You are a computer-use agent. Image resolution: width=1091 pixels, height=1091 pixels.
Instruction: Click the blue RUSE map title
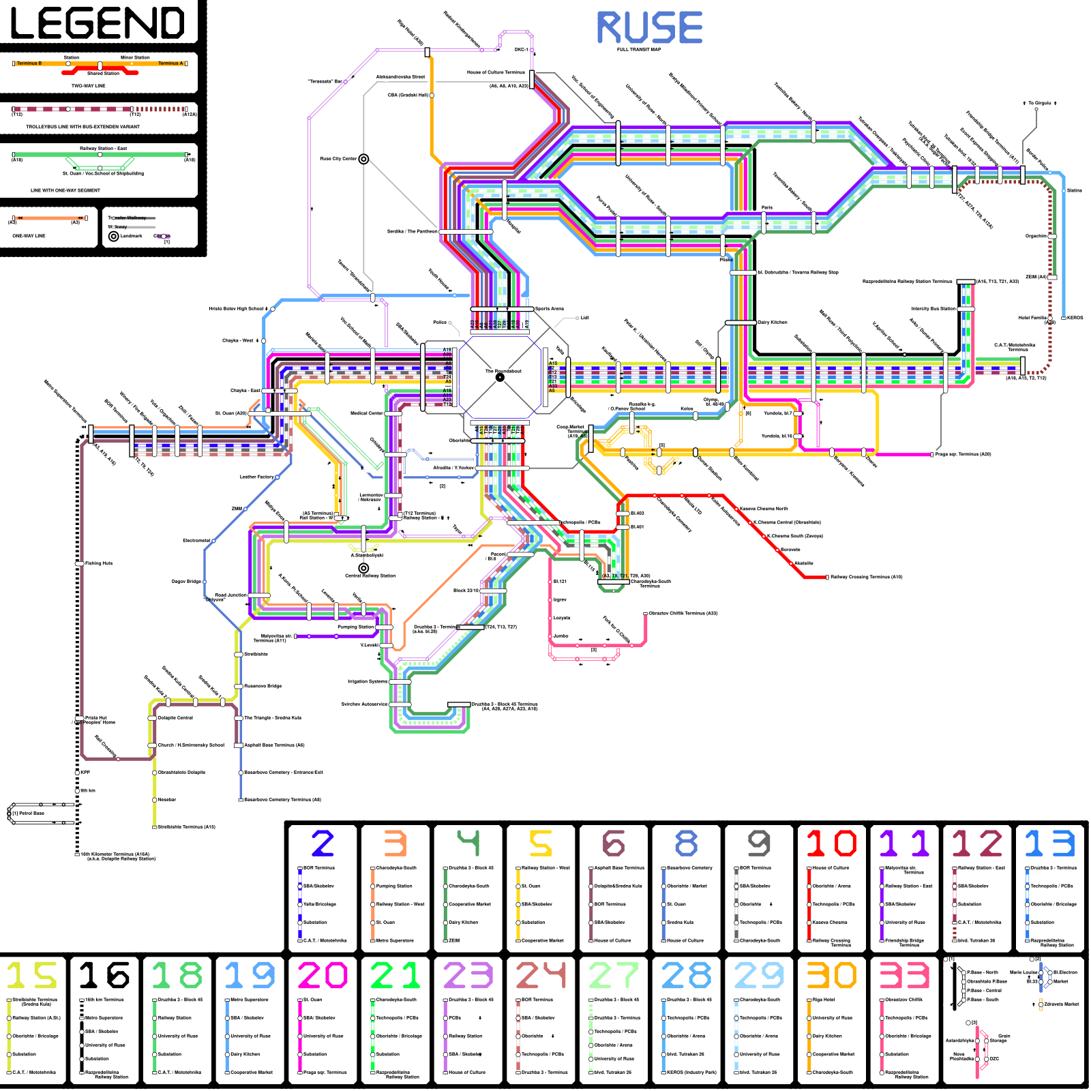[x=649, y=28]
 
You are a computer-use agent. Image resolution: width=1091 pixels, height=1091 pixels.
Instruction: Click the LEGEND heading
[x=98, y=23]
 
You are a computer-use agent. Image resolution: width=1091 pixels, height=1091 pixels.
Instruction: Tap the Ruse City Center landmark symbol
[x=363, y=159]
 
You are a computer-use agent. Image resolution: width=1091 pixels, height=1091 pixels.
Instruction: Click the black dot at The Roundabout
[x=500, y=377]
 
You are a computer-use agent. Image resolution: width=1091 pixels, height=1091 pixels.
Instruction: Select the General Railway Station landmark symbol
[x=363, y=568]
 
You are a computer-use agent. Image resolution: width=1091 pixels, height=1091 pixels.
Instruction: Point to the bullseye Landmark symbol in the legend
[x=114, y=236]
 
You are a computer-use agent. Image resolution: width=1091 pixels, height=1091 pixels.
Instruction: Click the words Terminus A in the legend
[x=170, y=63]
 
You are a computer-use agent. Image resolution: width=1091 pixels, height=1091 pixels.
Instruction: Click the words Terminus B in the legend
[x=29, y=63]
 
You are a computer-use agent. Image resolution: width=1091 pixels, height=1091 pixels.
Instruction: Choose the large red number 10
[x=831, y=843]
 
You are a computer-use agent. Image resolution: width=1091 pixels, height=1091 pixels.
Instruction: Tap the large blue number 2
[x=323, y=843]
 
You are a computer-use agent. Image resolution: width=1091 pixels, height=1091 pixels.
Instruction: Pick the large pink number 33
[x=904, y=975]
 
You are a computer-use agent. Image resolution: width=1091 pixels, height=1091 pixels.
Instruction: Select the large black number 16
[x=104, y=975]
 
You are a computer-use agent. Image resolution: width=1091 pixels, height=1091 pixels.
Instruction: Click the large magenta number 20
[x=323, y=975]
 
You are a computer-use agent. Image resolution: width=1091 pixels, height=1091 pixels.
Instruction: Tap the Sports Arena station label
[x=550, y=309]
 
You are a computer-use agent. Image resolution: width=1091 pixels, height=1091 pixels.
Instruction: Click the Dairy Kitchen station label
[x=773, y=323]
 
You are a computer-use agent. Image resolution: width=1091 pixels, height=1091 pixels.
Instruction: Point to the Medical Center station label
[x=367, y=413]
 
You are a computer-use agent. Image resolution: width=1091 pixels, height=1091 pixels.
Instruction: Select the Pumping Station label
[x=356, y=627]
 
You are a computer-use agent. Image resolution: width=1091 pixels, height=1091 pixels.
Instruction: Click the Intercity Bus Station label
[x=933, y=309]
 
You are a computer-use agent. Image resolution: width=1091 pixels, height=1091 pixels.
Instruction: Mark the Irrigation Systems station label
[x=368, y=681]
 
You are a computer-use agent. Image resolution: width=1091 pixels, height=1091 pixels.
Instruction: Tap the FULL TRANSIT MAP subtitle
[x=639, y=50]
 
